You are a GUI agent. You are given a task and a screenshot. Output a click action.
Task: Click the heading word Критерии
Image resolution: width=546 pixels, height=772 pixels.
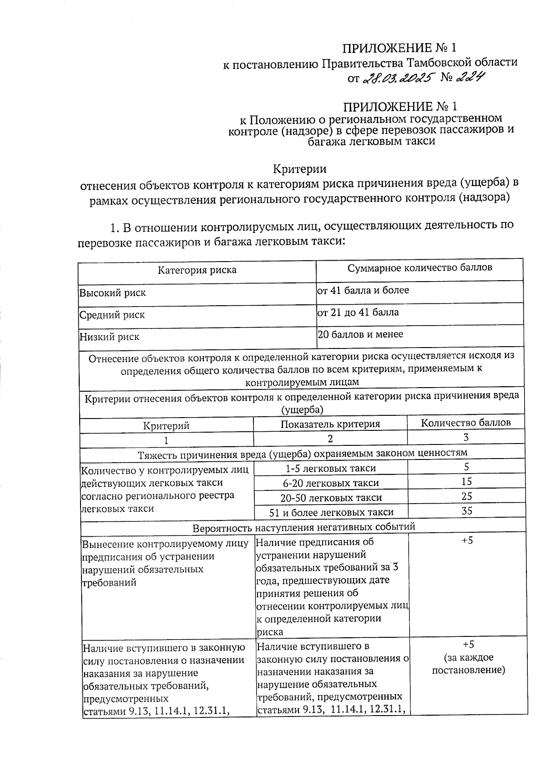tap(299, 169)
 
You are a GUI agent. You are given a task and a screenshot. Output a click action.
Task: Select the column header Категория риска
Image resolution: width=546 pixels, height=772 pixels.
tap(197, 270)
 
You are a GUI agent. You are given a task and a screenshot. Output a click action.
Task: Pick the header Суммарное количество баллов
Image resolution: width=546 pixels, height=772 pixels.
tap(420, 268)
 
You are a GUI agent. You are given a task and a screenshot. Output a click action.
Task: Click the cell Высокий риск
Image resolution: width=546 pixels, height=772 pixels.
tap(112, 293)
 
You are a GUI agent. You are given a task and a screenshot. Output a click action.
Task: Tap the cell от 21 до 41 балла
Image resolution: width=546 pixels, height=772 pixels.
tap(358, 313)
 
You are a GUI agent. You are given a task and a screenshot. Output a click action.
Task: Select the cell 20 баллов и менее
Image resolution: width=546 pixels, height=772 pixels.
tap(360, 334)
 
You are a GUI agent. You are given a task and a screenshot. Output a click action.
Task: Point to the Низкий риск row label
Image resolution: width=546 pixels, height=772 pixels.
tap(109, 337)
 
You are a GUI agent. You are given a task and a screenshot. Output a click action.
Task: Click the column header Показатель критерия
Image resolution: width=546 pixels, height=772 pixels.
tap(330, 424)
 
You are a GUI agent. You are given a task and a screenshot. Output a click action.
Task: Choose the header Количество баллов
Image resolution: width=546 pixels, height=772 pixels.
tap(465, 423)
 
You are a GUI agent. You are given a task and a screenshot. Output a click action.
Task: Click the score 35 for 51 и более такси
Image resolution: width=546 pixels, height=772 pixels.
tap(467, 511)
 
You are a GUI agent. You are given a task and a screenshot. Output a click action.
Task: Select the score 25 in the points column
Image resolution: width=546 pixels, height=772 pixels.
tap(467, 496)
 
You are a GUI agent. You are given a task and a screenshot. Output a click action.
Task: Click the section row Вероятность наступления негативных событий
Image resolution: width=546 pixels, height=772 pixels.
tap(303, 528)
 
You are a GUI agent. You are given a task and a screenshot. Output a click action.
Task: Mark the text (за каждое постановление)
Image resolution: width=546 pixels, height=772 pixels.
tap(468, 664)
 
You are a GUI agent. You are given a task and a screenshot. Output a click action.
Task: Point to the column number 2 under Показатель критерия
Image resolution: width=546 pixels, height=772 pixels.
tap(330, 439)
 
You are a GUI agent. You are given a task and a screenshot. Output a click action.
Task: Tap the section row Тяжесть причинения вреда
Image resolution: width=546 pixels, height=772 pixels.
tap(303, 454)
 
